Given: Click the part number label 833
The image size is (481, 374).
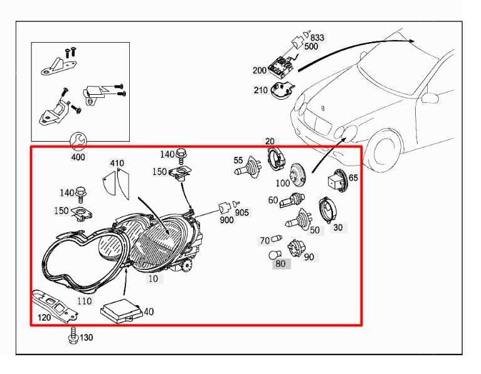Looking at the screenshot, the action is (x=317, y=38).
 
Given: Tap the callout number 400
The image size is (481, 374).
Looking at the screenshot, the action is (x=78, y=157).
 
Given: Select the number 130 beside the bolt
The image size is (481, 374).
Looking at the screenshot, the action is (x=86, y=338).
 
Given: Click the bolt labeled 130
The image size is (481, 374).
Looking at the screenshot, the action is (x=73, y=336).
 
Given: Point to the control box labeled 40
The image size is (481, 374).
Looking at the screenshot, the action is (x=122, y=310).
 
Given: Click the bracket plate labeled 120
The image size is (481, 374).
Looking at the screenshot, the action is (x=55, y=306).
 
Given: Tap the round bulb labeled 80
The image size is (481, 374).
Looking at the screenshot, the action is (x=275, y=255).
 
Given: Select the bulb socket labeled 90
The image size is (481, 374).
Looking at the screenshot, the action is (x=296, y=247).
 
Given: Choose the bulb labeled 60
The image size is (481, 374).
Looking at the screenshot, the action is (x=292, y=200).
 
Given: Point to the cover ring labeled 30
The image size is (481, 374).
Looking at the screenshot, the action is (x=327, y=209).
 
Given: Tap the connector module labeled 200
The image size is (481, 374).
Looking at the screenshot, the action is (x=281, y=65).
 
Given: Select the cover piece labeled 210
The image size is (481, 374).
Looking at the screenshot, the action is (x=282, y=89).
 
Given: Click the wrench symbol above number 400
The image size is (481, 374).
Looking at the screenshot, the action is (x=78, y=142).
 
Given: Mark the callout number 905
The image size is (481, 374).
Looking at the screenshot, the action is (x=242, y=212).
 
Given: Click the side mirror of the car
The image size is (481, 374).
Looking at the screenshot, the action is (x=431, y=98).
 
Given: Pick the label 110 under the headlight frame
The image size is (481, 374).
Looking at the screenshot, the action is (x=85, y=301).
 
